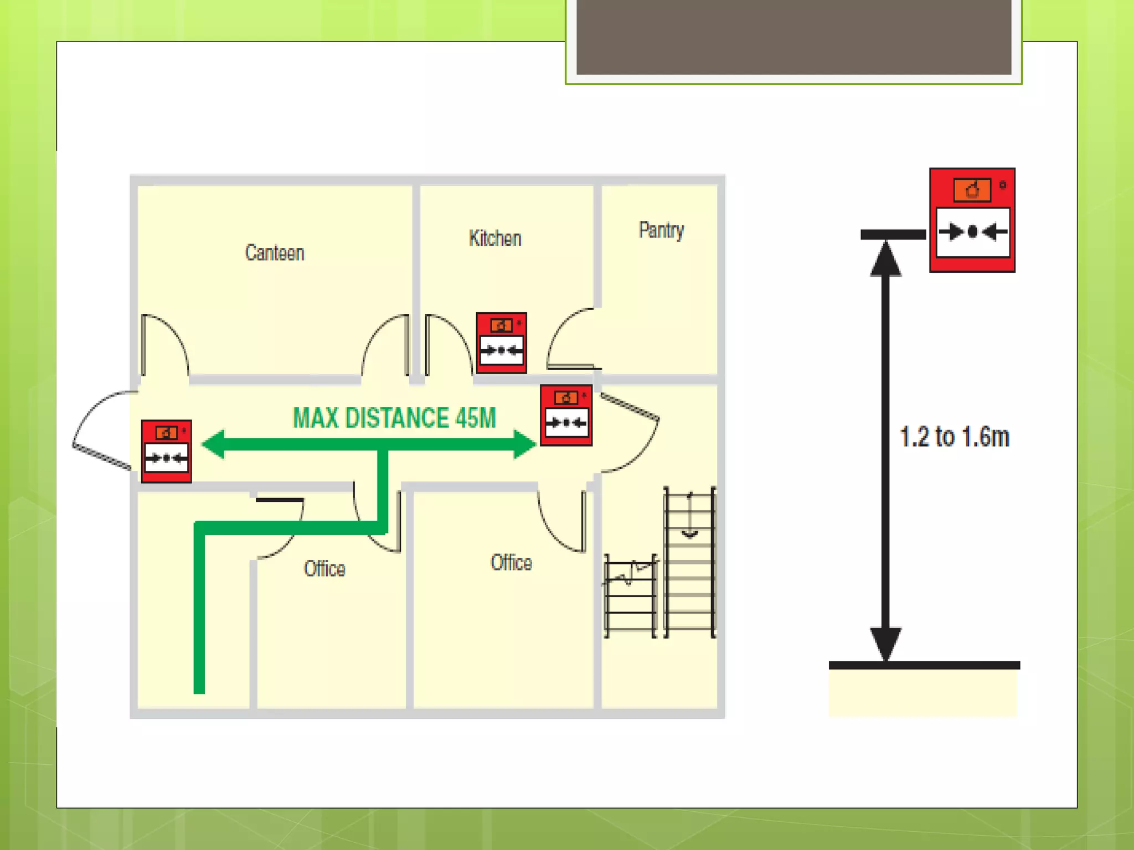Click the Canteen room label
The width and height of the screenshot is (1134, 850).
tap(275, 253)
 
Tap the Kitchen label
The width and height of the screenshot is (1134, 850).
tap(495, 239)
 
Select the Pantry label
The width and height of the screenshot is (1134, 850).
tap(661, 230)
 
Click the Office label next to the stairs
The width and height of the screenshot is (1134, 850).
tap(511, 562)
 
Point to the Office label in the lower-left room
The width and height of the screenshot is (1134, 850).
tap(324, 568)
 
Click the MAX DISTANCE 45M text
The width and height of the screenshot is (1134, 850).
tap(394, 418)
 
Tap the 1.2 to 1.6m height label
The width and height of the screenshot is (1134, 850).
tap(954, 437)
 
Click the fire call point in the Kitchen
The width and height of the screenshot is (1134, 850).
tap(501, 343)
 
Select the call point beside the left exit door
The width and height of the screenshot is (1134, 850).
tap(166, 451)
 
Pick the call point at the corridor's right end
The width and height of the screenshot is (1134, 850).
tap(566, 415)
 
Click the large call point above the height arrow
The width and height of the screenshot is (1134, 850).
tap(972, 220)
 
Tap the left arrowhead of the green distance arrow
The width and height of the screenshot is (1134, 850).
tap(214, 444)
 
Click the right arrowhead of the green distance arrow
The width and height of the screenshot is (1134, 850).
tap(524, 444)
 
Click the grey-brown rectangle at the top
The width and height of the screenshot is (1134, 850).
tap(793, 37)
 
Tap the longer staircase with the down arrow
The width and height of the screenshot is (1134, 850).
tap(689, 562)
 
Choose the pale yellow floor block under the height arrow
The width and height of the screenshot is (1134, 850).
tap(922, 693)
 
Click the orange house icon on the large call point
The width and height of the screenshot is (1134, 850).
tap(972, 190)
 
